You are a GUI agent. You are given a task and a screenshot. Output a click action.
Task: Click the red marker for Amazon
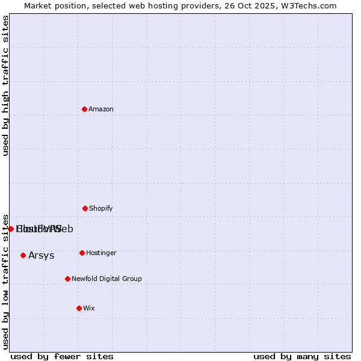(84, 109)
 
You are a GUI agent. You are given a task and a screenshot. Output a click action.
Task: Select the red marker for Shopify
(85, 208)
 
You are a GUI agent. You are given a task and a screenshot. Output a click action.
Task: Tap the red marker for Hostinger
(82, 253)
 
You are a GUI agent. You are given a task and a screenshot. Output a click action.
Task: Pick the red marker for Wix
(79, 308)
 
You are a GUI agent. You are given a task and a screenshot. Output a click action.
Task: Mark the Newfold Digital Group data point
(67, 279)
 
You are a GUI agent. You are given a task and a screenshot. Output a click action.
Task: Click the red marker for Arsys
(23, 255)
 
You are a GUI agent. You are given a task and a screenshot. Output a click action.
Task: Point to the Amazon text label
(101, 109)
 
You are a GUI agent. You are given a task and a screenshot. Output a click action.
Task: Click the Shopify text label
(101, 208)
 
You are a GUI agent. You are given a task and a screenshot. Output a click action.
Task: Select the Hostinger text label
(101, 253)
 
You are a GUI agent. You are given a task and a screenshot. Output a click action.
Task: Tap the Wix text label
(89, 308)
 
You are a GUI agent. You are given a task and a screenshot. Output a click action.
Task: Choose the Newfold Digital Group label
(106, 279)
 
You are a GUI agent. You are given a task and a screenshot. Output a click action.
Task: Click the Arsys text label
(42, 255)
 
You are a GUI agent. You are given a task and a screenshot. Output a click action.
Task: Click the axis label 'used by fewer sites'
(62, 356)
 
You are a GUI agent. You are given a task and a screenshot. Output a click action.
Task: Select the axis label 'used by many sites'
(302, 356)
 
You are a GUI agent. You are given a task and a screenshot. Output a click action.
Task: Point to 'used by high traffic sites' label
(5, 85)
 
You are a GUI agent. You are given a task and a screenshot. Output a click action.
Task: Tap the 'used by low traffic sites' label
(5, 281)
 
